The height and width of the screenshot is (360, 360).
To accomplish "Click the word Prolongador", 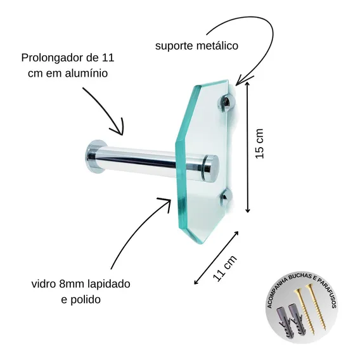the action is (x=52, y=58).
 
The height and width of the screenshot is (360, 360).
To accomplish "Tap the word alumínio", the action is (x=86, y=74).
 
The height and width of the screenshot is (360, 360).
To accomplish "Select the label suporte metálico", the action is (x=196, y=46).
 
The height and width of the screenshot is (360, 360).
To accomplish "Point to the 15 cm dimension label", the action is (x=260, y=144).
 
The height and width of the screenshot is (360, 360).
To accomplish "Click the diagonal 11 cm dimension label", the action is (x=224, y=268).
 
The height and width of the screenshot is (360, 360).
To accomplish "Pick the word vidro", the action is (x=44, y=284).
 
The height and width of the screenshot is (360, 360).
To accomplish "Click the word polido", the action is (x=86, y=300).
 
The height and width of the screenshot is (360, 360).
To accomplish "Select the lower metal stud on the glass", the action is (x=225, y=196).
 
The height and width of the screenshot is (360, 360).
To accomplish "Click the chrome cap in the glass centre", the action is (x=211, y=167).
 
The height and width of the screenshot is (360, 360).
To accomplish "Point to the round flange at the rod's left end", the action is (x=94, y=157).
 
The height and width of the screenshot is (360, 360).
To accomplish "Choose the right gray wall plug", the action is (x=297, y=320).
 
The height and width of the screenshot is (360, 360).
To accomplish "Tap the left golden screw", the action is (x=304, y=312).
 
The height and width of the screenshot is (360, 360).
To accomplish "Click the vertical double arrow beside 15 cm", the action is (x=247, y=147).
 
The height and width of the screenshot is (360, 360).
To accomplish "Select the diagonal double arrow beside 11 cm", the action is (x=216, y=258).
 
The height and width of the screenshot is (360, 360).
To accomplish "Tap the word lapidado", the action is (x=109, y=284).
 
